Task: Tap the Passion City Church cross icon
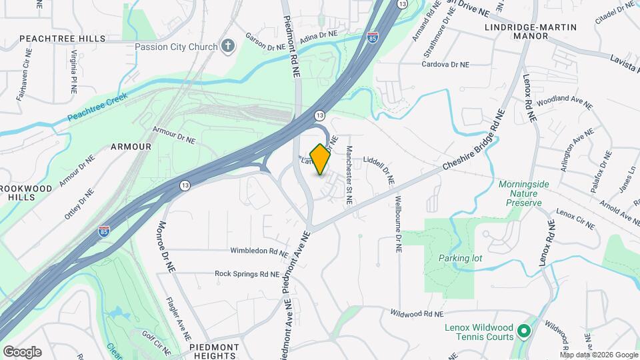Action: point(229,47)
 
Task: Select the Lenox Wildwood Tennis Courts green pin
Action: point(524,331)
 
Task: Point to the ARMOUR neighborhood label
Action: point(131,146)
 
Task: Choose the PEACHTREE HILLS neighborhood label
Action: point(63,39)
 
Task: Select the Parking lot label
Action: point(460,258)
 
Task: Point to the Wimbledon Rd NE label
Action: point(259,252)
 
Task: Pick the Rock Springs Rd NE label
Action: point(246,273)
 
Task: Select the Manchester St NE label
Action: point(349,177)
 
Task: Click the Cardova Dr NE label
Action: point(445,65)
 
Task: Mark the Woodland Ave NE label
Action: point(564,102)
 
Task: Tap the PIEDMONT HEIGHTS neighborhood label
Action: point(214,351)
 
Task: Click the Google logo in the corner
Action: point(22,351)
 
